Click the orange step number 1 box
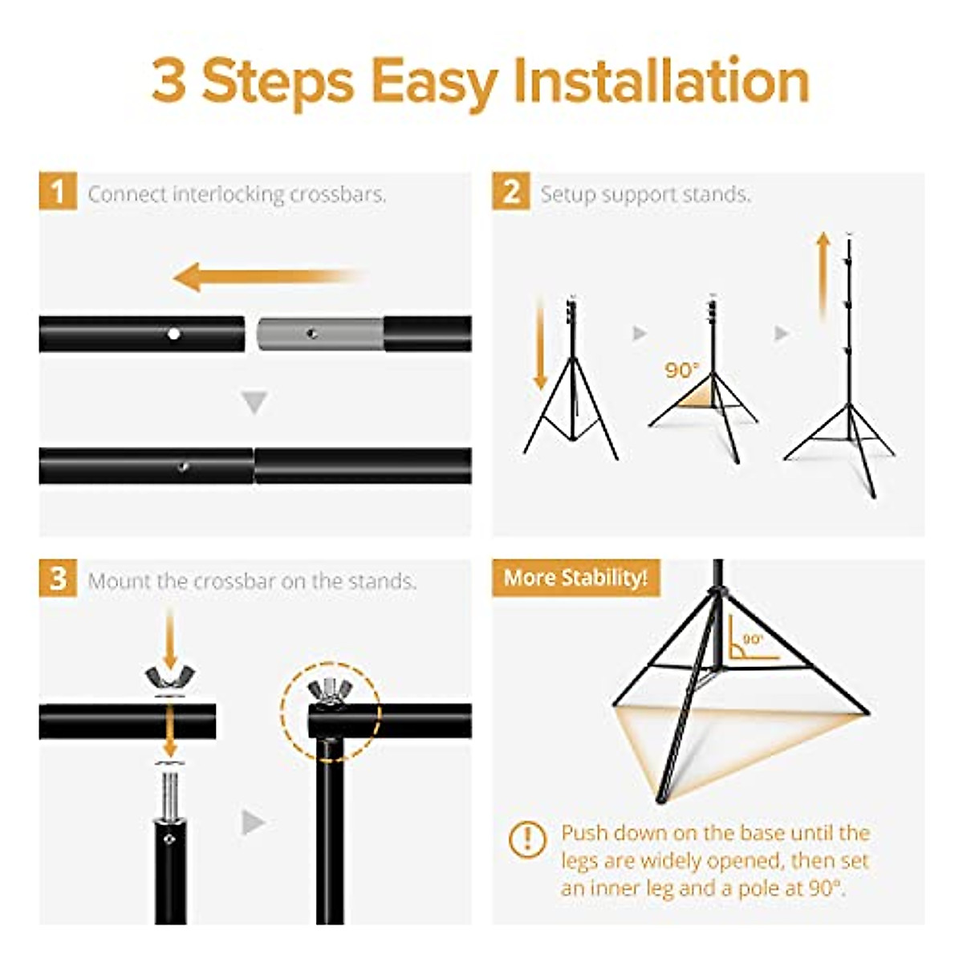coord(58,191)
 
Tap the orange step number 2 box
coord(511,191)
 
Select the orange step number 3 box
coord(58,578)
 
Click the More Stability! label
coord(575,578)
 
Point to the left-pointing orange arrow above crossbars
coord(267,276)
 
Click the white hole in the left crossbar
coord(173,334)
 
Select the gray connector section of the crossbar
coord(320,334)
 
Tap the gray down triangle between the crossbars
coord(254,402)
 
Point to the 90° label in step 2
coord(681,370)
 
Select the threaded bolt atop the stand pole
coord(170,788)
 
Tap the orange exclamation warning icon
coord(527,839)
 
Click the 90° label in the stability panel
coord(753,639)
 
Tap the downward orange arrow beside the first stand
coord(540,342)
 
